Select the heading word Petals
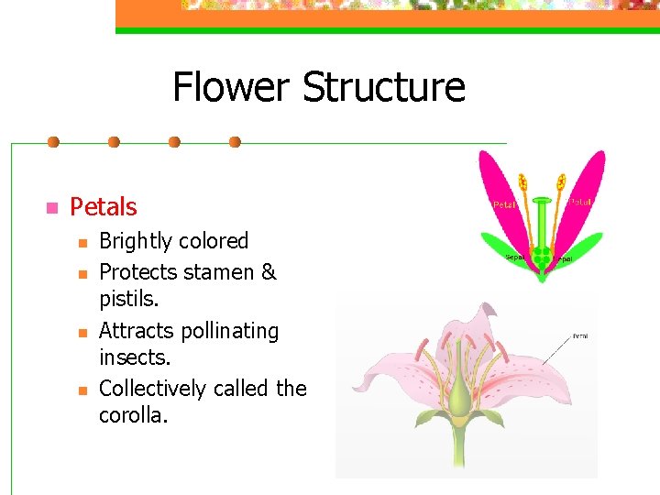tap(104, 207)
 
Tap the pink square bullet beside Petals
tap(51, 207)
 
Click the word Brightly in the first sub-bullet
tap(136, 241)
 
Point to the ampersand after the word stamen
tap(269, 272)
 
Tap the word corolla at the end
tap(133, 415)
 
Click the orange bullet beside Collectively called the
tap(82, 390)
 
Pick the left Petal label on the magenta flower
tap(505, 203)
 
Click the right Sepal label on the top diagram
tap(564, 259)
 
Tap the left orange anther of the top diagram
tap(523, 181)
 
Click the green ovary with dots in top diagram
tap(543, 255)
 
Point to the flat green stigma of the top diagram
tap(543, 199)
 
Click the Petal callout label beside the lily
tap(580, 336)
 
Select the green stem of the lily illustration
tap(458, 449)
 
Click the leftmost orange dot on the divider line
tap(53, 142)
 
